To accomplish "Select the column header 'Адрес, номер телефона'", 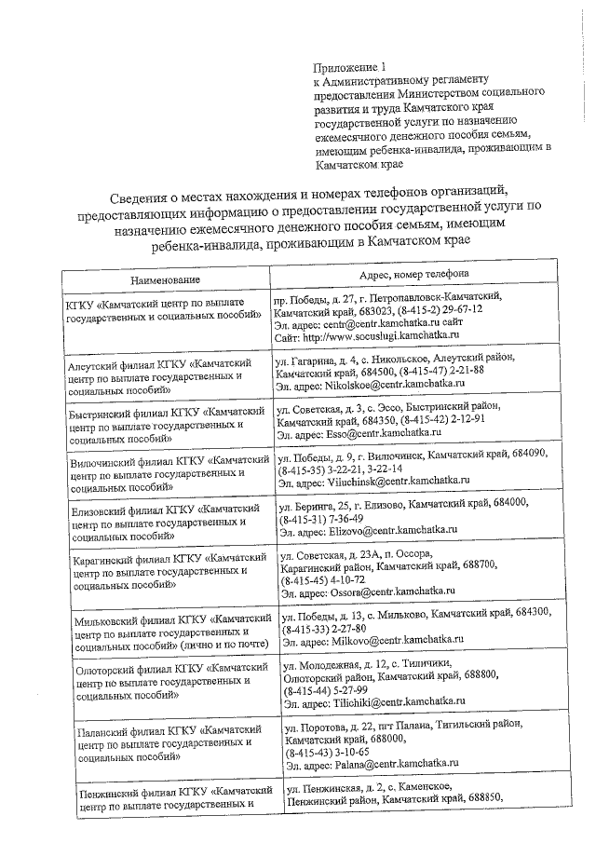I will (x=414, y=273).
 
